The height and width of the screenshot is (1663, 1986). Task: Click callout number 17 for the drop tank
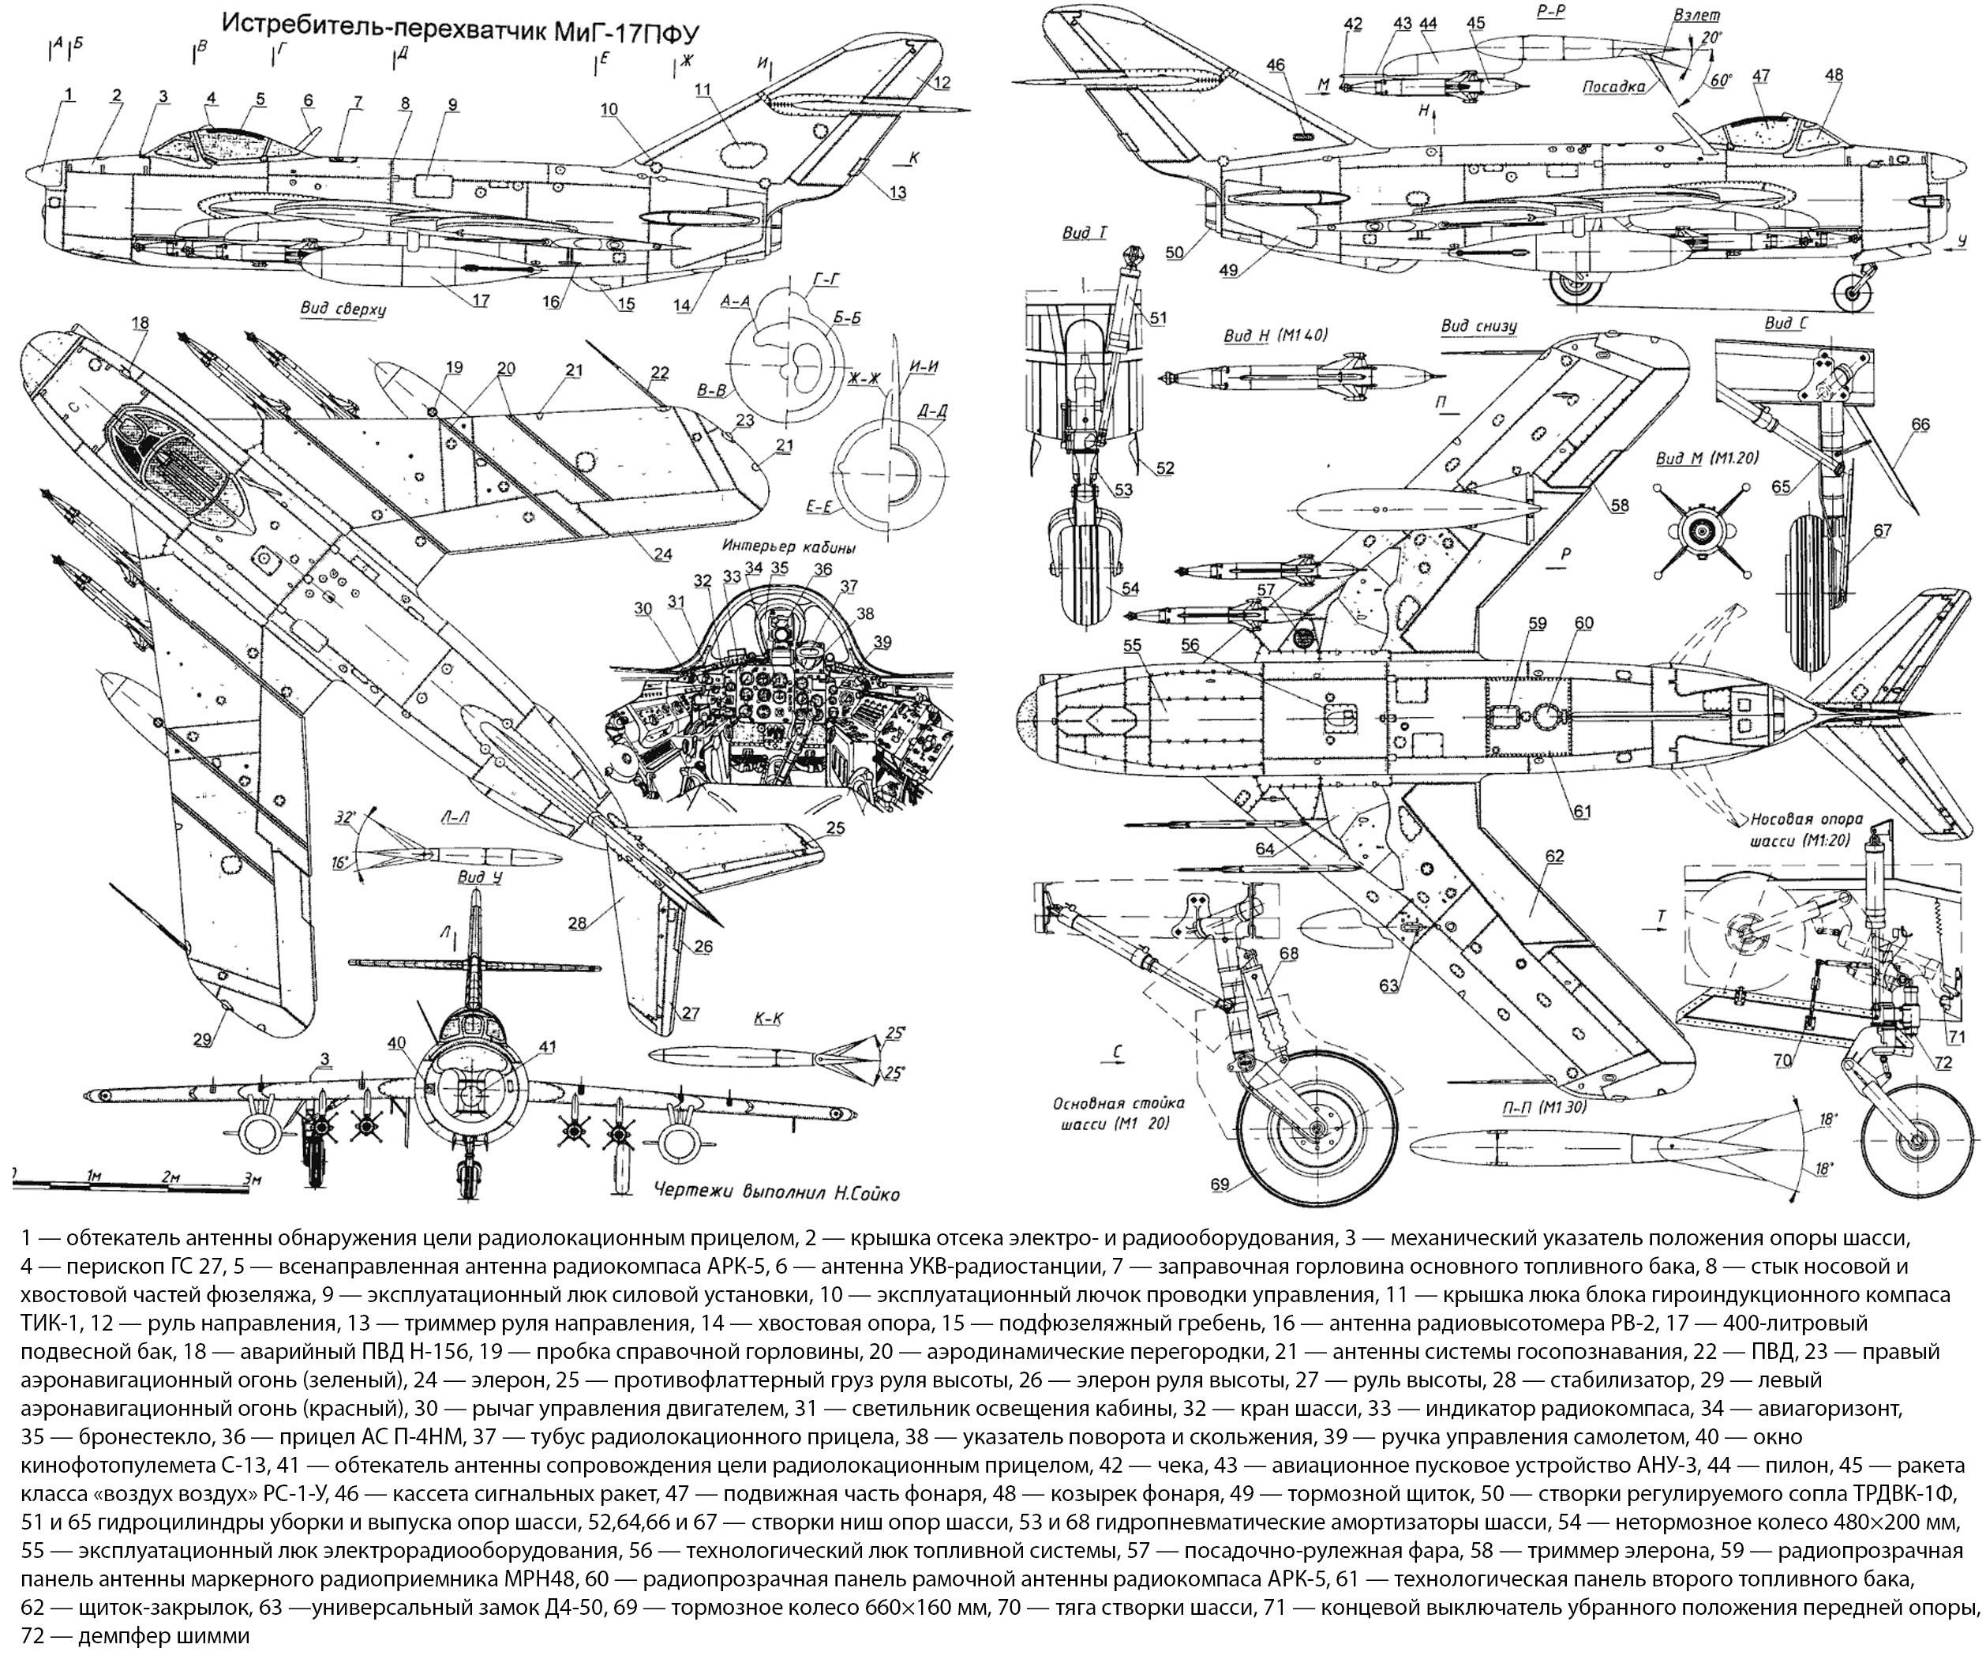tap(481, 301)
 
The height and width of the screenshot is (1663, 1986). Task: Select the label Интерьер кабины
tap(789, 546)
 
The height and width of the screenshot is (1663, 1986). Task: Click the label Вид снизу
tap(1479, 326)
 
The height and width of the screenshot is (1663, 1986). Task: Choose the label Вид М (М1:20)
tap(1707, 458)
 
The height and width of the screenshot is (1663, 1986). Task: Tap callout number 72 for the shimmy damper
tap(1943, 1062)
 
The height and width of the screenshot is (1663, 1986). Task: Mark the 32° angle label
tap(347, 817)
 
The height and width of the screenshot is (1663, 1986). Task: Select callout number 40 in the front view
tap(396, 1043)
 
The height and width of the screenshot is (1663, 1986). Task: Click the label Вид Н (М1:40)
tap(1276, 335)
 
